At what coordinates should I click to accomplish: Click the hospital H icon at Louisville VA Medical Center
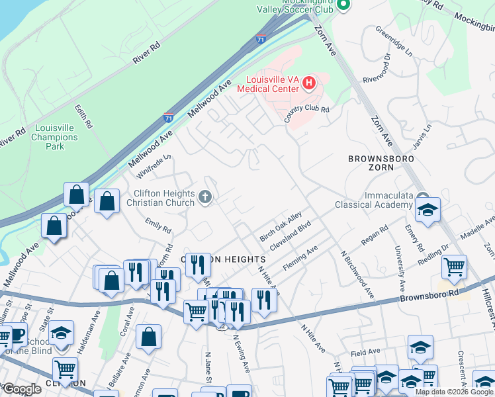point(308,83)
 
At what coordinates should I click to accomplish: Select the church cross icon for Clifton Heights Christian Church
point(205,197)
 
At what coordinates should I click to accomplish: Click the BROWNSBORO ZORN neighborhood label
point(381,163)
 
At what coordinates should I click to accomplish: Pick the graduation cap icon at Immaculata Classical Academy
point(427,210)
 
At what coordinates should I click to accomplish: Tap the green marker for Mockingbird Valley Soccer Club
point(343,6)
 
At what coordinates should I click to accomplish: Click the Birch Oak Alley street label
point(281,226)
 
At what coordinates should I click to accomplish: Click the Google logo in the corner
point(22,388)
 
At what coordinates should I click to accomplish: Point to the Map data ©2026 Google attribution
point(454,392)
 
